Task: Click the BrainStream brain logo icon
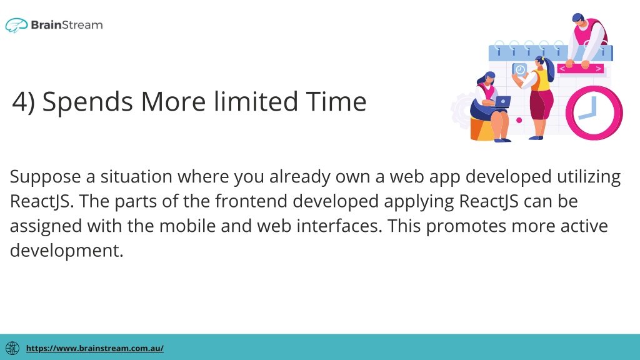click(16, 25)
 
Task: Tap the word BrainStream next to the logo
click(67, 25)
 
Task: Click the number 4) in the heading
click(24, 102)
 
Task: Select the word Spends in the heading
click(87, 102)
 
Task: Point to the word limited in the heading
click(256, 101)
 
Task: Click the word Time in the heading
click(336, 101)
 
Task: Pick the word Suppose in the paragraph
click(45, 177)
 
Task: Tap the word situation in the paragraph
click(136, 176)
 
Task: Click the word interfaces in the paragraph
click(339, 226)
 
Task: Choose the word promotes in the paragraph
click(466, 226)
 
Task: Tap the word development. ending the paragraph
click(66, 251)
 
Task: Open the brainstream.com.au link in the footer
click(95, 348)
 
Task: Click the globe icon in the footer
click(12, 348)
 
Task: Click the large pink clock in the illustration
click(594, 113)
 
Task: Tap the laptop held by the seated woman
click(502, 102)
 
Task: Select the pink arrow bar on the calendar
click(581, 69)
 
